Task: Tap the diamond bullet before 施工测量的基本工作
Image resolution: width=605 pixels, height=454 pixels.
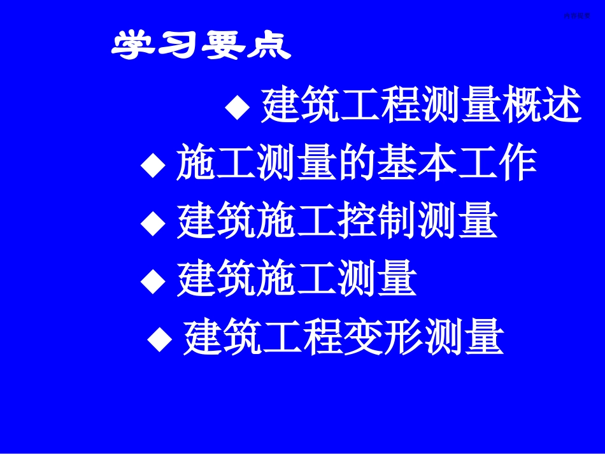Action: click(x=152, y=165)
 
